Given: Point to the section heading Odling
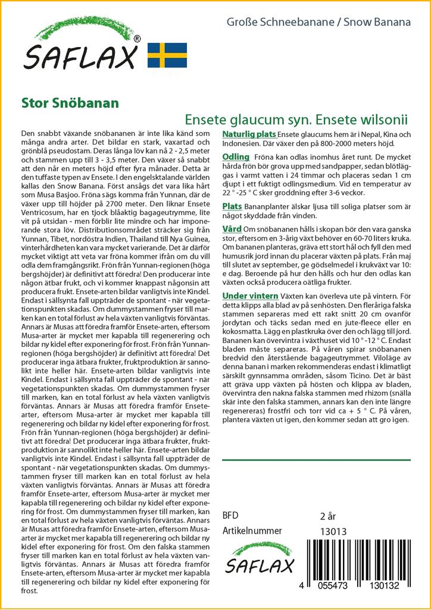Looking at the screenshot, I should (235, 157).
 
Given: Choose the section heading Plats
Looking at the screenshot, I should (232, 206).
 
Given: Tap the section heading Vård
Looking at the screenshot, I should (231, 229).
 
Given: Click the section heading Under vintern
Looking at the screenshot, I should (250, 295).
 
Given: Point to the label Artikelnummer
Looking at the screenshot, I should (251, 531).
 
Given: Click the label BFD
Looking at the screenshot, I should (230, 515).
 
